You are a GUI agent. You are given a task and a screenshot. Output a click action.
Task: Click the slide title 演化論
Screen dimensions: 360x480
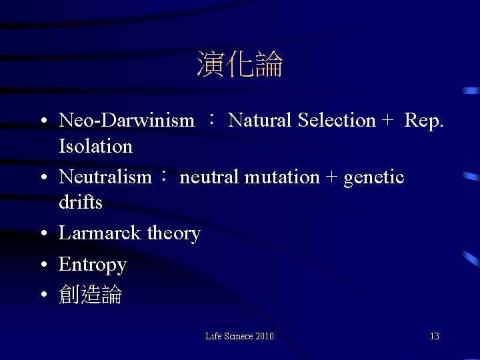click(240, 65)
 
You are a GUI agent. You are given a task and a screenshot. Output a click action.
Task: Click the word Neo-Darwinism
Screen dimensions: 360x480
click(127, 121)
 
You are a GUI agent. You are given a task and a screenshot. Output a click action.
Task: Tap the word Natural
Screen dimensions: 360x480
click(261, 121)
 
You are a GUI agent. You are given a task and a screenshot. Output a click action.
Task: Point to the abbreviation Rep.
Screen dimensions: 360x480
click(423, 121)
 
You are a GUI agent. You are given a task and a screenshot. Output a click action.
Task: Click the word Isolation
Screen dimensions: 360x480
click(95, 146)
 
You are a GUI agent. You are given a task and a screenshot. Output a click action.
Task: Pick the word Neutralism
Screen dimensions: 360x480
click(105, 177)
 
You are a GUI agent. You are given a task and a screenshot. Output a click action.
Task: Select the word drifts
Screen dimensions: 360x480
click(80, 202)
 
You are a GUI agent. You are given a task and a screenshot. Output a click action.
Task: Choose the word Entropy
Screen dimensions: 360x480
click(92, 265)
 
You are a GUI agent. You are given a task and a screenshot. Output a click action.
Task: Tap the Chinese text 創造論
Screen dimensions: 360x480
click(90, 295)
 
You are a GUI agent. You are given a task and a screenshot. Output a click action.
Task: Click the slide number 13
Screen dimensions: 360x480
click(435, 337)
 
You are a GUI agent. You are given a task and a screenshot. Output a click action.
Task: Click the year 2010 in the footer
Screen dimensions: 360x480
click(265, 337)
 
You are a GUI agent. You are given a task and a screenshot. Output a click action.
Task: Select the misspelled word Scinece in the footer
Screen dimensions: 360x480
click(238, 337)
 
